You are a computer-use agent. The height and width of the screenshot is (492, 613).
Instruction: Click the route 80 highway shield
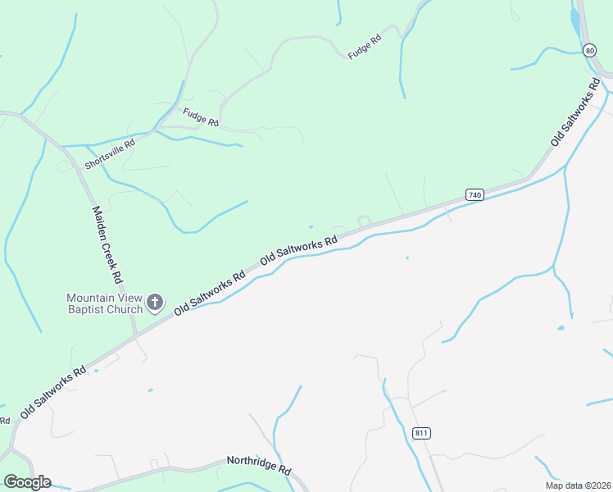tap(590, 51)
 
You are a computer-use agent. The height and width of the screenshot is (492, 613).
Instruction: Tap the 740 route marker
tap(475, 194)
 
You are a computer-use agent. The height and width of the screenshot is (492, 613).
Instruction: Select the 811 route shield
tap(422, 433)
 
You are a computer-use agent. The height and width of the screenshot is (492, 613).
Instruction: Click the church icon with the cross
tap(155, 304)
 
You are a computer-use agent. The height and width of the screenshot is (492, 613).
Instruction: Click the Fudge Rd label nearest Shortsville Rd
tap(201, 118)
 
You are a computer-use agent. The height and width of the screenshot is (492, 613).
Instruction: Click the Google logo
tap(27, 482)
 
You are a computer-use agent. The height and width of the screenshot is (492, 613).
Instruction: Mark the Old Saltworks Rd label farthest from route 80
tap(53, 393)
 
